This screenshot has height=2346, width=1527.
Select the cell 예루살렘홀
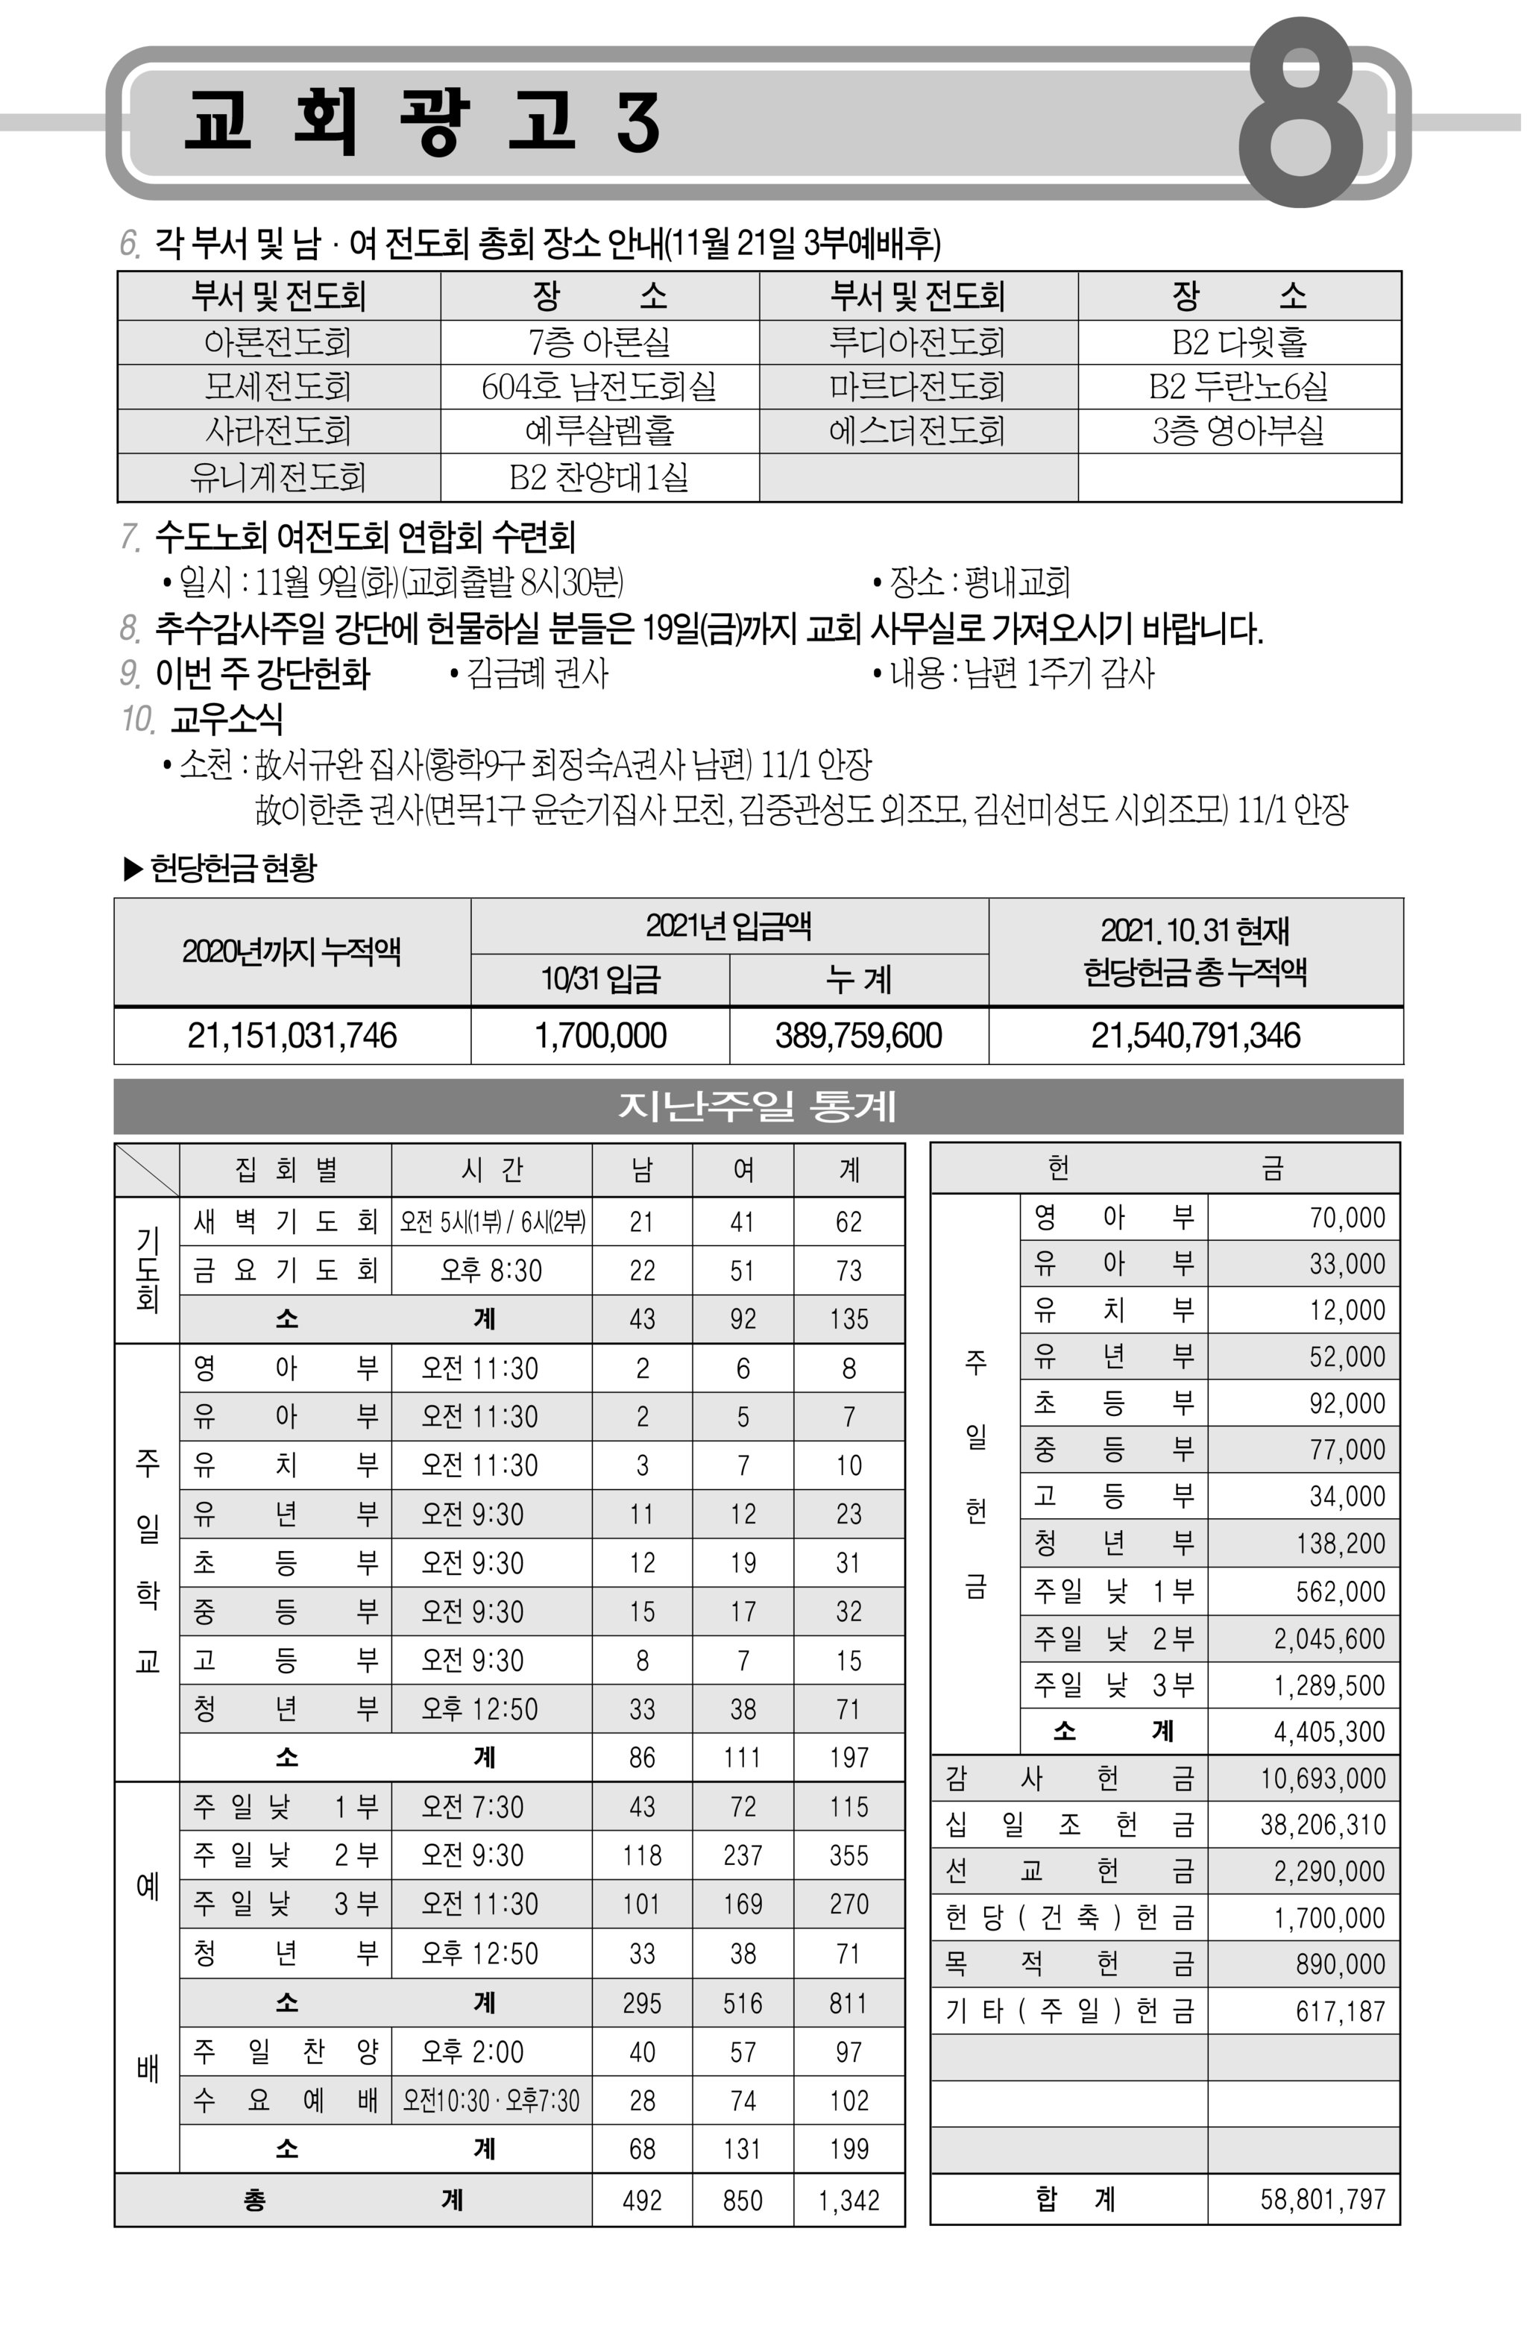(599, 431)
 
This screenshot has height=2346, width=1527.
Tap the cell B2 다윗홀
(1238, 342)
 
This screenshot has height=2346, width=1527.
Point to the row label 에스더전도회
(917, 431)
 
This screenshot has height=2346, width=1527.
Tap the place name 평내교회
(1016, 582)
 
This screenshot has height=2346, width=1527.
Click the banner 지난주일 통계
(757, 1106)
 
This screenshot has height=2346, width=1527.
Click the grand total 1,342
(848, 2200)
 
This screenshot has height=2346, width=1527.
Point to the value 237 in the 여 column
(743, 1855)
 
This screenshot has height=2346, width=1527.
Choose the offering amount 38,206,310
(1322, 1825)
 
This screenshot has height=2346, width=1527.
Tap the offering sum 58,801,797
(1322, 2199)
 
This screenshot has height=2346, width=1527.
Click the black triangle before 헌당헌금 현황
(133, 869)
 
